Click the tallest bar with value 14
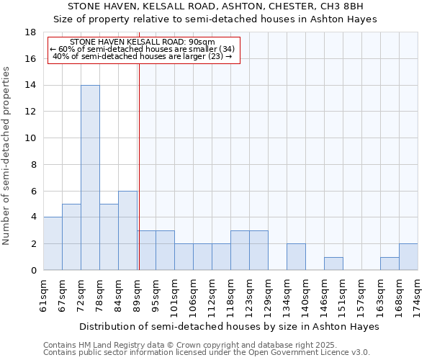[x=90, y=177]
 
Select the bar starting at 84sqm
[x=127, y=230]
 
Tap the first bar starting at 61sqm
[x=53, y=243]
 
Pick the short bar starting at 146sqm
[x=333, y=264]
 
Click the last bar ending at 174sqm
[x=408, y=256]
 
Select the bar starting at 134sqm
[x=296, y=256]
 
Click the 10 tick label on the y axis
[x=30, y=138]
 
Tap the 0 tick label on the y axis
[x=33, y=271]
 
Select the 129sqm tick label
[x=268, y=295]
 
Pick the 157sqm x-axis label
[x=361, y=295]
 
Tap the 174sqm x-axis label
[x=418, y=295]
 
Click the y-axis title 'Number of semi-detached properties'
[x=7, y=156]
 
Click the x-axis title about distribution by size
[x=229, y=326]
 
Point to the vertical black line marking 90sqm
[x=138, y=166]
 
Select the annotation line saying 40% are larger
[x=143, y=56]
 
